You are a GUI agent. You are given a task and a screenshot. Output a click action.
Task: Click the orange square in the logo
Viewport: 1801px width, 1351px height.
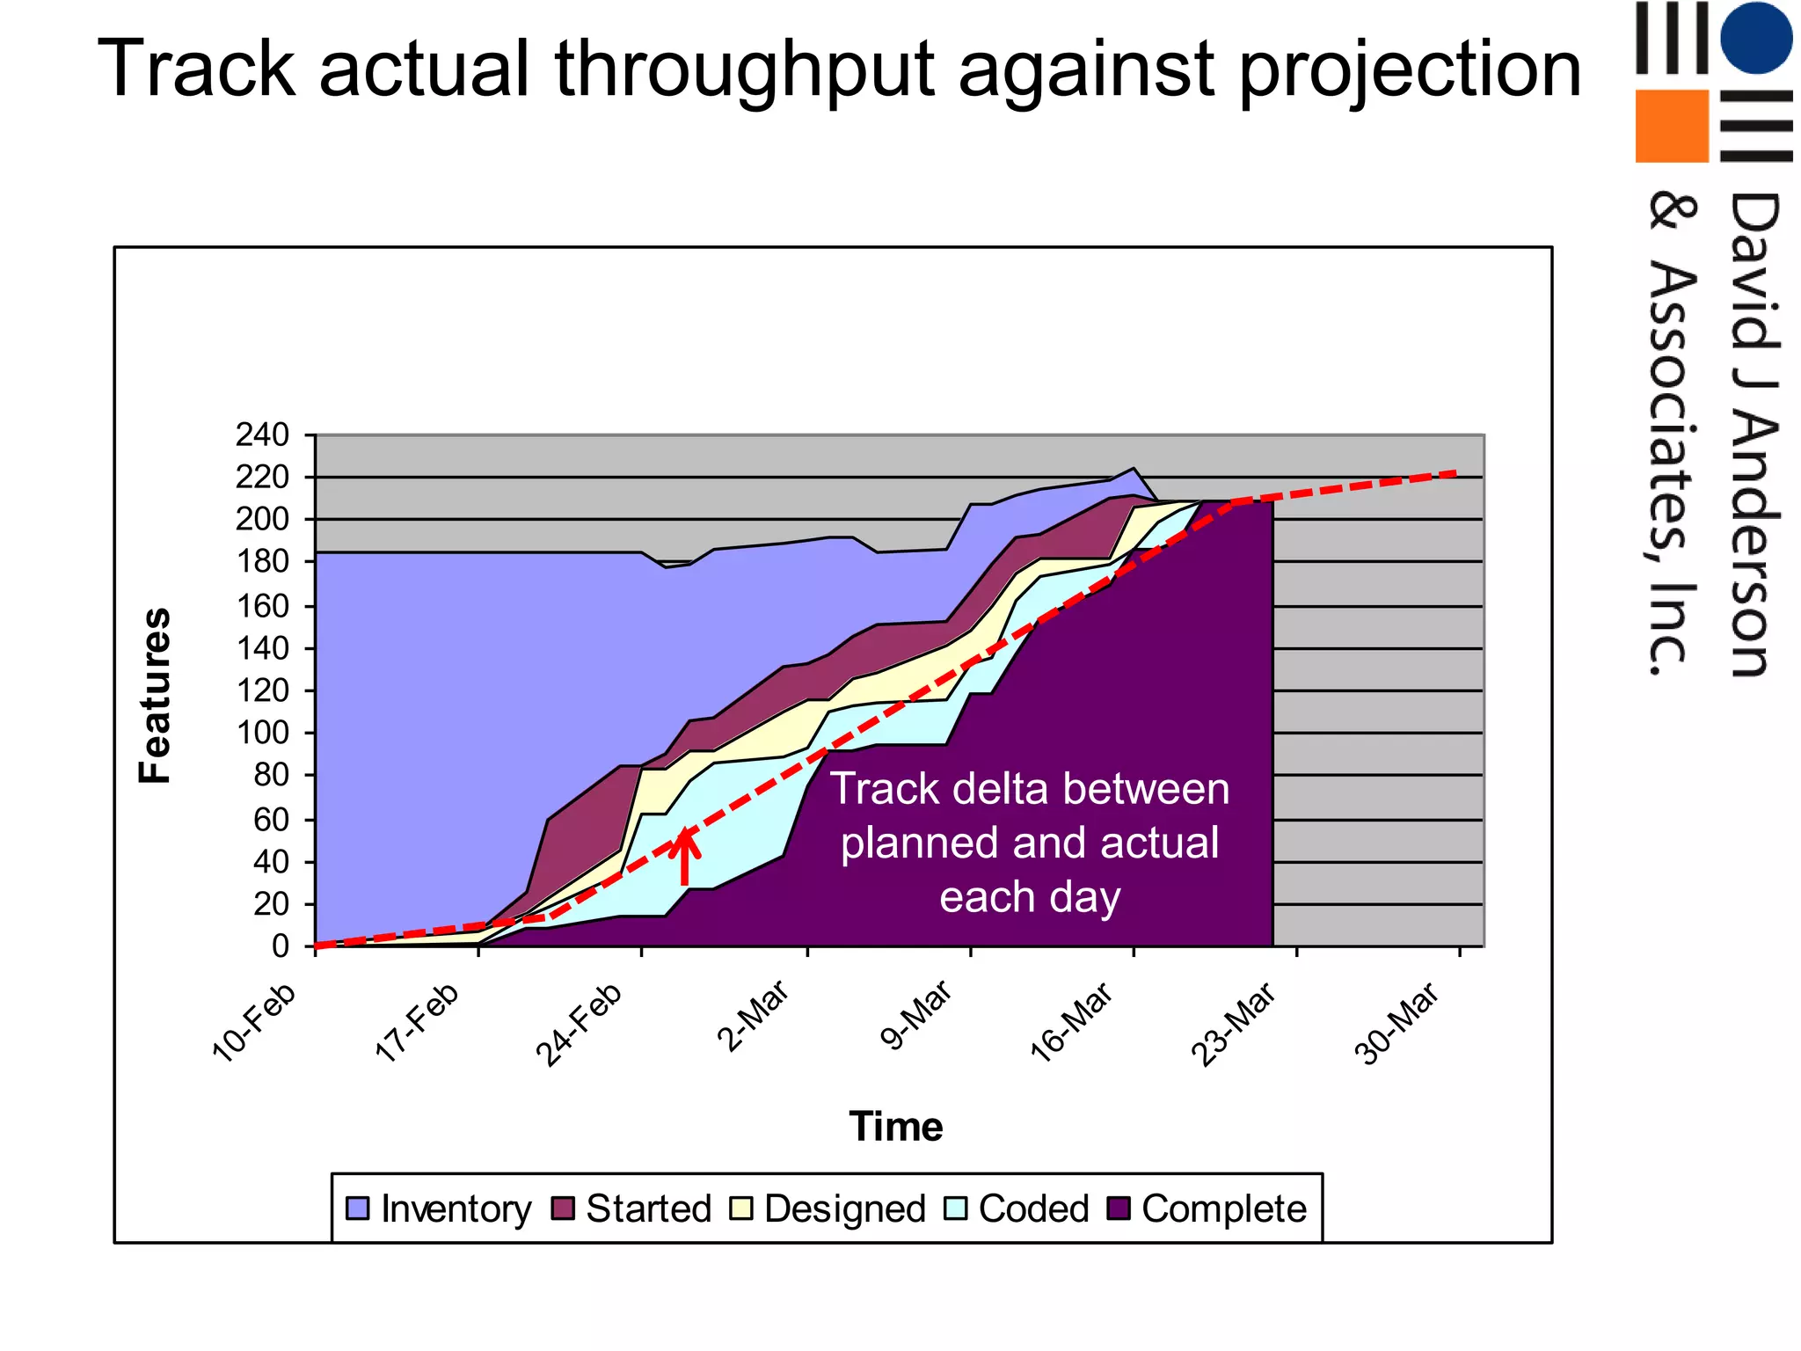[x=1671, y=126]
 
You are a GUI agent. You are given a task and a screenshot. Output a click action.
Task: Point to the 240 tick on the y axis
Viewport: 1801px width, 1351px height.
[x=262, y=435]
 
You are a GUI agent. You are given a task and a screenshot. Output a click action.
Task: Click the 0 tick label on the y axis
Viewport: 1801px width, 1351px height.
[x=281, y=946]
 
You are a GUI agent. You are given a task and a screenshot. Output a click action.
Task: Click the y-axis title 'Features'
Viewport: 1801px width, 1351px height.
[x=156, y=695]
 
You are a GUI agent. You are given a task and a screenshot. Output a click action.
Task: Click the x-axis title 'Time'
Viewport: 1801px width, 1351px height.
[x=895, y=1127]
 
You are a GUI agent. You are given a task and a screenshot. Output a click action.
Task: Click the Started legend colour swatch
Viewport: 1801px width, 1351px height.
[x=563, y=1209]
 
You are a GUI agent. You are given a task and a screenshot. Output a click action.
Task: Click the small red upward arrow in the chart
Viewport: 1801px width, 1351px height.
[x=685, y=857]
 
